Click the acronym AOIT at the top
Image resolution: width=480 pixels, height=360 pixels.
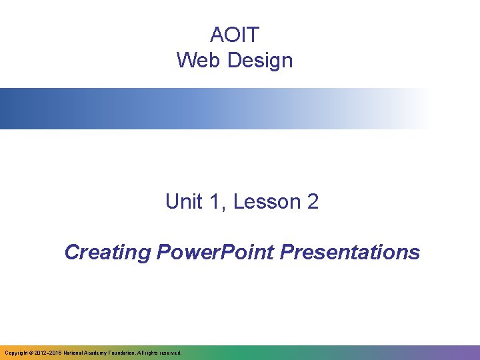point(234,34)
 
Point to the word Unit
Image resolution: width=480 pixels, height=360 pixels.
point(183,202)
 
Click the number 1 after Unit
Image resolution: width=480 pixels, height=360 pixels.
point(215,202)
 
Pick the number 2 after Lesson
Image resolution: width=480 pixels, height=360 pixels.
point(313,202)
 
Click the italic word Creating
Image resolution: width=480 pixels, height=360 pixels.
point(108,253)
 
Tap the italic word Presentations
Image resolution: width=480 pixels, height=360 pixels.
point(351,253)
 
